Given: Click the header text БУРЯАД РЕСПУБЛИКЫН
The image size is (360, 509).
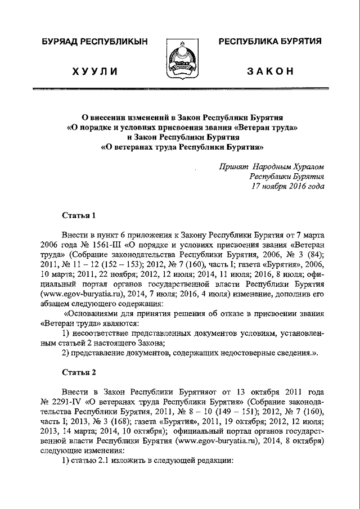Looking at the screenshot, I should pyautogui.click(x=94, y=42).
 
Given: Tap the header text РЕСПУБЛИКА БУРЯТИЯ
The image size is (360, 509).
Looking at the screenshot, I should pyautogui.click(x=269, y=42).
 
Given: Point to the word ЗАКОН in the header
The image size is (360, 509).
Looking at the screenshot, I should pyautogui.click(x=270, y=71).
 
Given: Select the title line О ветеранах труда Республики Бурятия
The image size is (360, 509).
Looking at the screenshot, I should pyautogui.click(x=182, y=148).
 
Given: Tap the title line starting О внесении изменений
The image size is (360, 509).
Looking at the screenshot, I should pyautogui.click(x=182, y=118).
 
